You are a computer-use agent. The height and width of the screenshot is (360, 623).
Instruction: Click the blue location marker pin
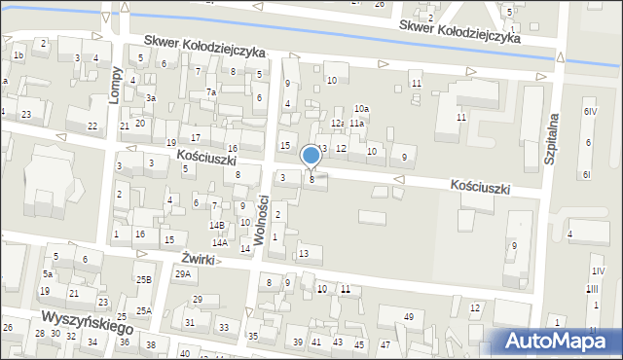(311, 156)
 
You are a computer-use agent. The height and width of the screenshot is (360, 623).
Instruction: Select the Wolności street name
(262, 217)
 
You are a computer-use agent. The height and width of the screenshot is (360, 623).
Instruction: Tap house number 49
(409, 317)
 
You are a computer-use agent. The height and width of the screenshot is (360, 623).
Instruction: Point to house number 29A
(183, 274)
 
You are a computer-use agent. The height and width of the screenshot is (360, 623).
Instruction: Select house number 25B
(143, 280)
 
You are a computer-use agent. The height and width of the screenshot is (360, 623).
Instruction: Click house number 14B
(217, 225)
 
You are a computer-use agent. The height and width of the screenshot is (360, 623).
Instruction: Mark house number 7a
(210, 92)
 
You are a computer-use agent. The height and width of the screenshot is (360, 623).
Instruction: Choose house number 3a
(151, 98)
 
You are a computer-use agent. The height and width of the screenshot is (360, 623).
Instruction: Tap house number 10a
(360, 108)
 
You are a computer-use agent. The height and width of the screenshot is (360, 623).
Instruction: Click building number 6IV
(589, 111)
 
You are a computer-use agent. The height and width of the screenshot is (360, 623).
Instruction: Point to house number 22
(92, 126)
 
